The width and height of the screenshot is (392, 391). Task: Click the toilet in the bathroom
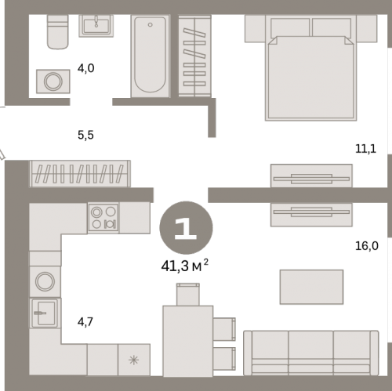58,31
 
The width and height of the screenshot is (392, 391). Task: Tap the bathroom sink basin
96,26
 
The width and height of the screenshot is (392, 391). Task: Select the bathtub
150,56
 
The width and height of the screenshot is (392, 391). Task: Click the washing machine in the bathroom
53,81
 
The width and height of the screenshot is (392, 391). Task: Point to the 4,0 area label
85,68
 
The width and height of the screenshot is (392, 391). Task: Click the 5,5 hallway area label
85,135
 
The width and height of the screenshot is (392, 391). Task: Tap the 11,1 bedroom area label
365,149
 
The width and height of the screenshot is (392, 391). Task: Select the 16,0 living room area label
367,246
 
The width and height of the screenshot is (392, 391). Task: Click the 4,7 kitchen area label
85,322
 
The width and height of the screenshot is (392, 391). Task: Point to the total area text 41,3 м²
185,266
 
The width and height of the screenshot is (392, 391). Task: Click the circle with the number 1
186,228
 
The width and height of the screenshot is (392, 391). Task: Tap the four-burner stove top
103,218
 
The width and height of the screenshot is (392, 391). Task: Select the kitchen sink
45,313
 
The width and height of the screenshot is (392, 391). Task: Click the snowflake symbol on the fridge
133,360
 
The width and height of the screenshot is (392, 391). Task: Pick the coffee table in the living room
311,287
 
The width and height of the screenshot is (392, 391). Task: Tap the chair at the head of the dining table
188,295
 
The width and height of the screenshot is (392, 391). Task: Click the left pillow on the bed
290,27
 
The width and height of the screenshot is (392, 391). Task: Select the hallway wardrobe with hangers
80,174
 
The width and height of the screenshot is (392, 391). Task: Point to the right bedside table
366,28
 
